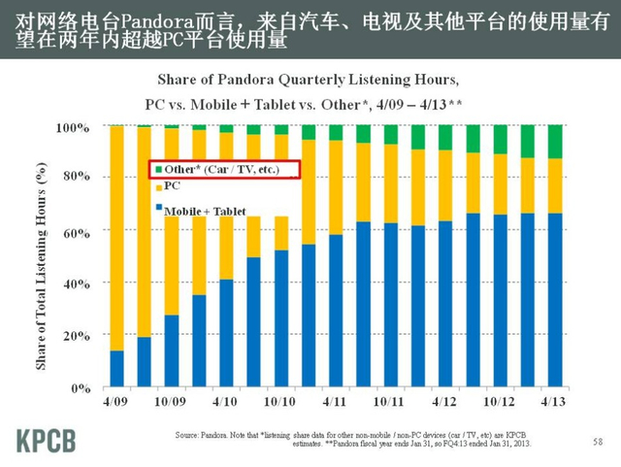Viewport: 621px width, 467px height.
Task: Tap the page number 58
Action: click(x=597, y=442)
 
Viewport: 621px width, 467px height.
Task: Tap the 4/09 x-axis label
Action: click(x=116, y=401)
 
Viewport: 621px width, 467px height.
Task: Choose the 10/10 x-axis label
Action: click(x=280, y=401)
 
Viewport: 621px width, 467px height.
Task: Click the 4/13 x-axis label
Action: click(x=554, y=401)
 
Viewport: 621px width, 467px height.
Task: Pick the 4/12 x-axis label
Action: click(x=444, y=401)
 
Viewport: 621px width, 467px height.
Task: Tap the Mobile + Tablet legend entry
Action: click(x=204, y=211)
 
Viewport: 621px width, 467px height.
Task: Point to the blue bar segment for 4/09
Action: click(x=116, y=369)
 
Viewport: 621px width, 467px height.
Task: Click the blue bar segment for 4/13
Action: click(x=555, y=300)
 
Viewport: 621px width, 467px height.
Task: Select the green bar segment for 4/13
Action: click(x=555, y=142)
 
